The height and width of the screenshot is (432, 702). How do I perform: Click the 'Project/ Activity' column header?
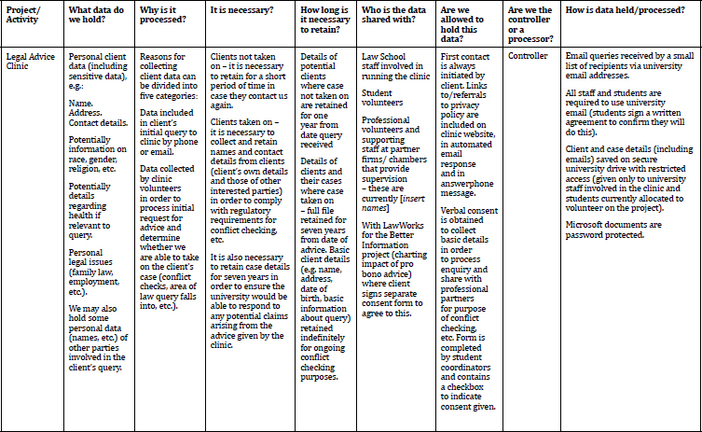24,23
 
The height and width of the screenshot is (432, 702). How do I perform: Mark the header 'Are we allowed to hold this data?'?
462,23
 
